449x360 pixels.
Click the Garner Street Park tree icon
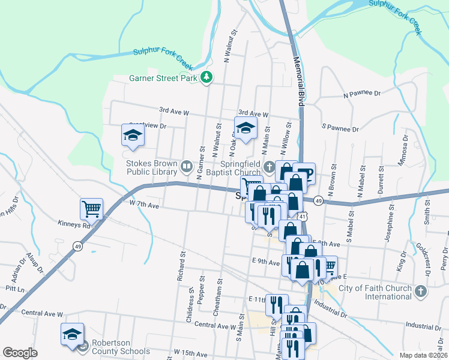(206, 77)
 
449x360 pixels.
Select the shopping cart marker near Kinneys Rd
(91, 209)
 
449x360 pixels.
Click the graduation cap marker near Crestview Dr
(133, 135)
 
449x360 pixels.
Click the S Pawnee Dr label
(340, 128)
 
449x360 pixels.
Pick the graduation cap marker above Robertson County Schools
(72, 334)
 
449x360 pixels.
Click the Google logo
(20, 353)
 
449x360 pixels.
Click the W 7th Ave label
(143, 205)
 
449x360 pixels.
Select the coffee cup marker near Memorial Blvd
(306, 173)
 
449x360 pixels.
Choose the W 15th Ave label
(189, 351)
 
